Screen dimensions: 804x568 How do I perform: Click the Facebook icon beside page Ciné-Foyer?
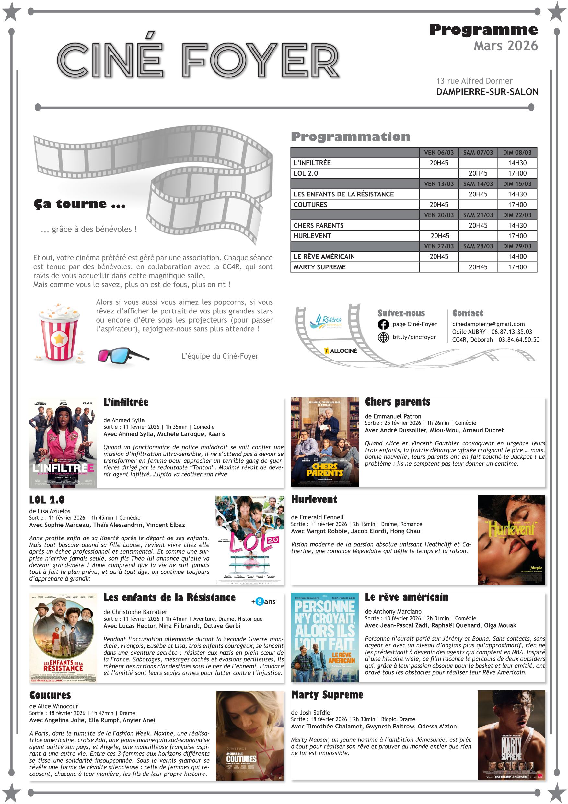click(383, 325)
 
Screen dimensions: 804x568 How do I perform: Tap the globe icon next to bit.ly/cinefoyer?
click(383, 337)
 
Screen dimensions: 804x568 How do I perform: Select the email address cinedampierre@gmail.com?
click(488, 324)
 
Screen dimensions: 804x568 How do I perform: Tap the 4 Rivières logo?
click(325, 321)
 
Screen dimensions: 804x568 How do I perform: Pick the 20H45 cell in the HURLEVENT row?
click(440, 236)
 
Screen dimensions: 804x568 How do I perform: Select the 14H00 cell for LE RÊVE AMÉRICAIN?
click(517, 257)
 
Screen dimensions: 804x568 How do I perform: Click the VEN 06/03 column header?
click(438, 153)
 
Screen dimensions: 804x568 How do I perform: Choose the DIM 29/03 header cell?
click(517, 246)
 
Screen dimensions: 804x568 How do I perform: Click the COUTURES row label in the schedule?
click(310, 205)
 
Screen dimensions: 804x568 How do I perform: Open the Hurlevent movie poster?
click(511, 539)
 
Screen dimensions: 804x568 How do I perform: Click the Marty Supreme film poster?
click(511, 735)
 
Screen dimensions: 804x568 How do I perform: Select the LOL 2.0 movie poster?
click(249, 539)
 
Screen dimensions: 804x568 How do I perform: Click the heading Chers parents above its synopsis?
click(397, 402)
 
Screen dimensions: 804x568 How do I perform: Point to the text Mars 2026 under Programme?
click(505, 46)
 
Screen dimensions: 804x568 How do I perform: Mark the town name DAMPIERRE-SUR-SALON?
click(487, 92)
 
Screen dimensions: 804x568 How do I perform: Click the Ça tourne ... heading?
click(79, 204)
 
